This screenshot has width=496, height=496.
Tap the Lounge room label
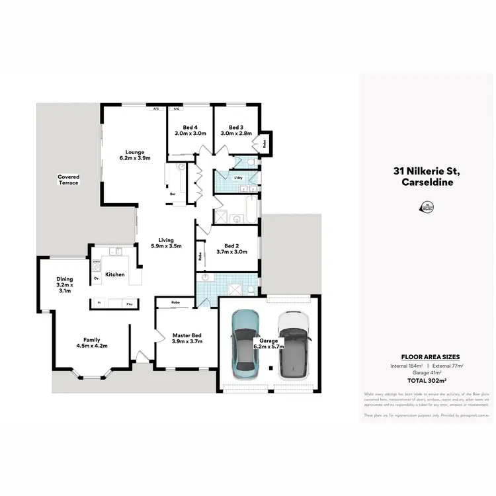coord(135,155)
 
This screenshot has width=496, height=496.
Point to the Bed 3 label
coord(237,130)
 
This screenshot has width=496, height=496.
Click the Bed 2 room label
coord(231,247)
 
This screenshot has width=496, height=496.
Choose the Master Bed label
coord(186,338)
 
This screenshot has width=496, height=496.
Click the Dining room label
coord(64,285)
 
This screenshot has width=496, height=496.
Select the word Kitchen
coord(114,274)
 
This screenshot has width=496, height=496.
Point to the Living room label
coord(161,243)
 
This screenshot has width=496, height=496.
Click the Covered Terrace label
coord(68,179)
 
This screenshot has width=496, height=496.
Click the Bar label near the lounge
coord(173,194)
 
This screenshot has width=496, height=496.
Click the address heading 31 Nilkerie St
coord(426,171)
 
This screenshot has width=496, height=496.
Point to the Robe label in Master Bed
coord(175,303)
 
